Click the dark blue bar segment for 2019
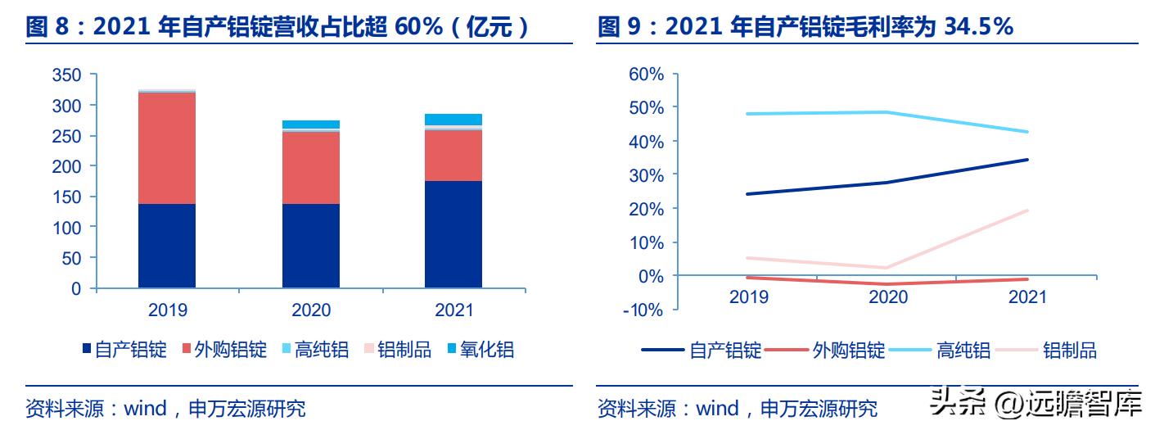click(167, 245)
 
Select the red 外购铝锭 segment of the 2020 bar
click(311, 167)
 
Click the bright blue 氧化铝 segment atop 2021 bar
click(453, 120)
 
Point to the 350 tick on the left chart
click(66, 75)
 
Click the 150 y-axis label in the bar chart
click(66, 197)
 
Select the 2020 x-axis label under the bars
click(311, 310)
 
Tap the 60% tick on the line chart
click(647, 75)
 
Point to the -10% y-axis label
click(644, 310)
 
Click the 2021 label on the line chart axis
click(1026, 296)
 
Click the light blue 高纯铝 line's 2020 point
click(888, 112)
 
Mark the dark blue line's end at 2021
click(1027, 160)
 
